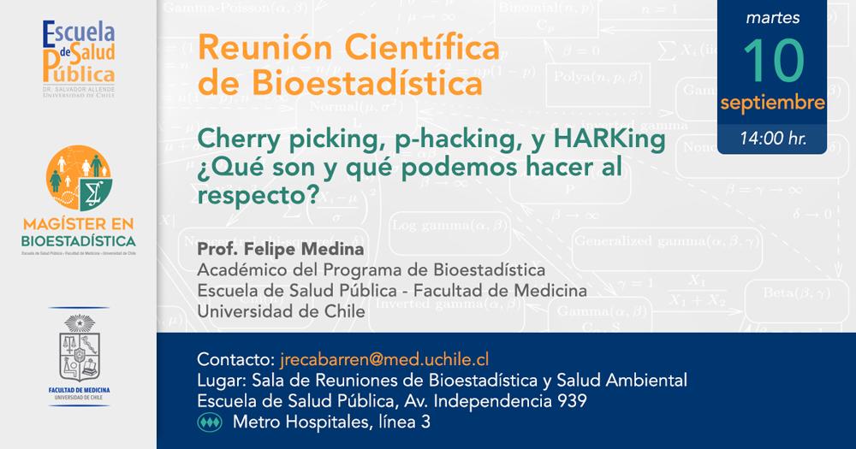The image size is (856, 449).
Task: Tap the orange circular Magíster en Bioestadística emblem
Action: [79, 174]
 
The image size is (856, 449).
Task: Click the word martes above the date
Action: [773, 18]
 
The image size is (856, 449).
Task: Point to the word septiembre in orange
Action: [773, 103]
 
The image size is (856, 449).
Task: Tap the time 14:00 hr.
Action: [773, 136]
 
